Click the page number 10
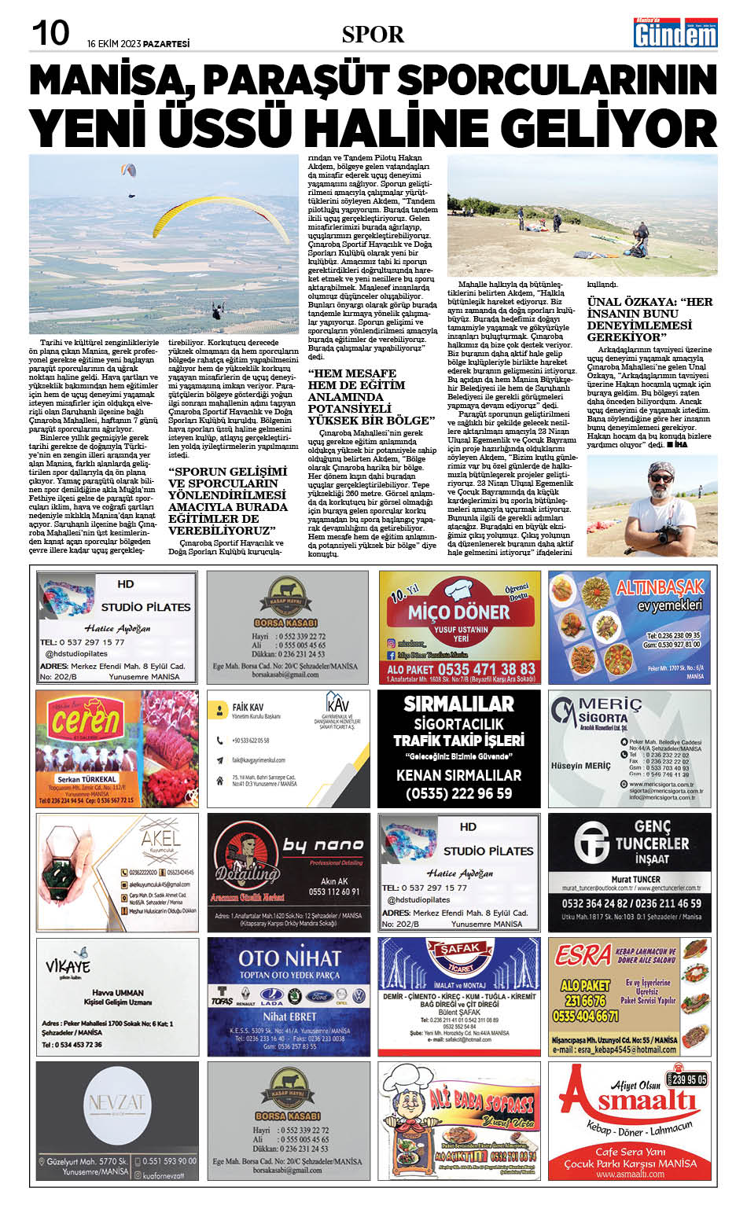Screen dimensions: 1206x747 pos(50,34)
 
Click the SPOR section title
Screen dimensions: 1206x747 pos(373,35)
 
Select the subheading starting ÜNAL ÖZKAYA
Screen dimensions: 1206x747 pos(649,319)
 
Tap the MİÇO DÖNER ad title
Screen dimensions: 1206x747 pos(459,612)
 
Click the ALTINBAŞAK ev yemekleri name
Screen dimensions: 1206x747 pos(660,588)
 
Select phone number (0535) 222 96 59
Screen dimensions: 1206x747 pos(459,793)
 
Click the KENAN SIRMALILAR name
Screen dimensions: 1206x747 pos(459,774)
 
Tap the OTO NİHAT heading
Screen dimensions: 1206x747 pos(289,958)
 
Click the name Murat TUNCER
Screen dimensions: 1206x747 pos(636,879)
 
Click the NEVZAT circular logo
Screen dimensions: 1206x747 pos(116,1104)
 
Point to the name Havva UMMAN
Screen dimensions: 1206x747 pos(118,993)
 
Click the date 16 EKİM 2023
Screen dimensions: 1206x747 pos(138,44)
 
